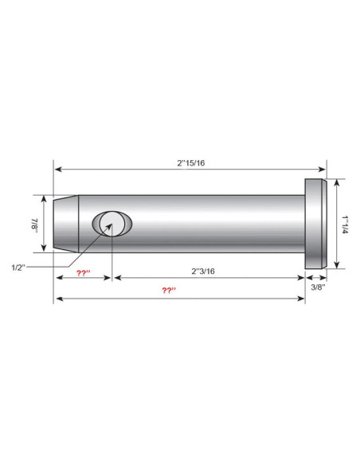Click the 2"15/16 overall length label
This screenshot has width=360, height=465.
[x=191, y=162]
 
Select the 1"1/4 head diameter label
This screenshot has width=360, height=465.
[x=346, y=225]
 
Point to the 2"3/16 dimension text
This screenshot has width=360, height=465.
[x=203, y=271]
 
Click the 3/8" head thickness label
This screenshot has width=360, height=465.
[x=318, y=287]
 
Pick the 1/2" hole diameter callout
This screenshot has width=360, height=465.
[x=18, y=268]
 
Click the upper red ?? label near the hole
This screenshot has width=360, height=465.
[x=84, y=273]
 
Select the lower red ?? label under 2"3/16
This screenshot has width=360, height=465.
[x=169, y=290]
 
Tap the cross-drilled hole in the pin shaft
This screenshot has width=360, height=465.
[x=112, y=224]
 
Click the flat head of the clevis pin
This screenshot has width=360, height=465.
[x=316, y=224]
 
